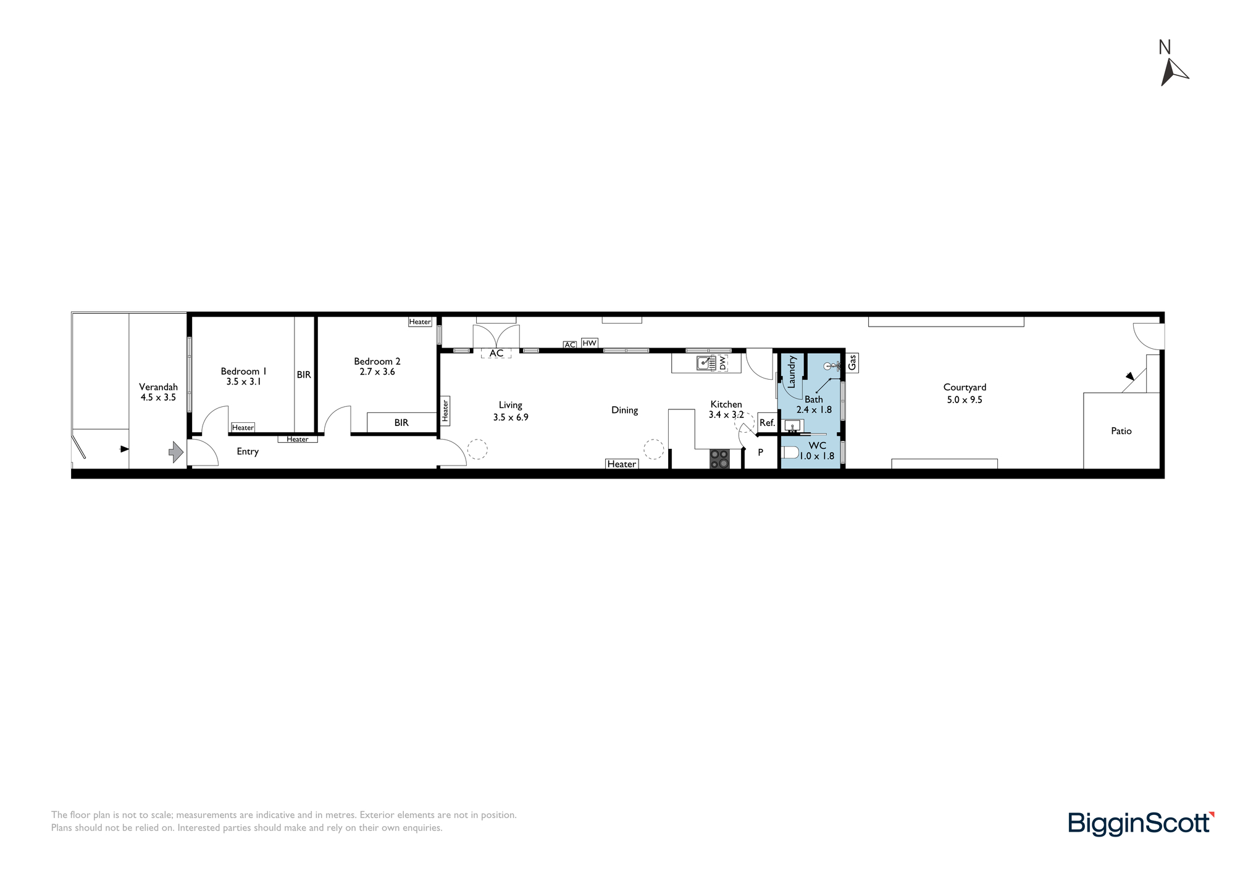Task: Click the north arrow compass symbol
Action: click(x=1173, y=71)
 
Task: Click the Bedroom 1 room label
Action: click(x=243, y=371)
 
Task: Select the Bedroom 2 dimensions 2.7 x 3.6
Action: click(x=377, y=372)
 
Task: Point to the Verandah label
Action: click(x=158, y=387)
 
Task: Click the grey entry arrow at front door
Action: click(x=177, y=452)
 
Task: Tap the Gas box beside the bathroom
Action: click(x=852, y=362)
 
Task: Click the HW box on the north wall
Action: click(x=590, y=343)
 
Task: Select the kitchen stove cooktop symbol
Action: click(x=719, y=459)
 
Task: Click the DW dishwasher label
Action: click(x=722, y=363)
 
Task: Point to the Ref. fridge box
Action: click(x=767, y=423)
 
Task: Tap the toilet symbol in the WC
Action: click(x=790, y=453)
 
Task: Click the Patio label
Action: click(x=1121, y=431)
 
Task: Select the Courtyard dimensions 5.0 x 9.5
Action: click(x=965, y=399)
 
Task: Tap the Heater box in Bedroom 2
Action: click(x=420, y=322)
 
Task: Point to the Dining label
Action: click(x=624, y=410)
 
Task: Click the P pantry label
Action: click(x=761, y=452)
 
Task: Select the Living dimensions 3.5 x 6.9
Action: click(x=511, y=417)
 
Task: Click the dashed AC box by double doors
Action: click(x=496, y=353)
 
